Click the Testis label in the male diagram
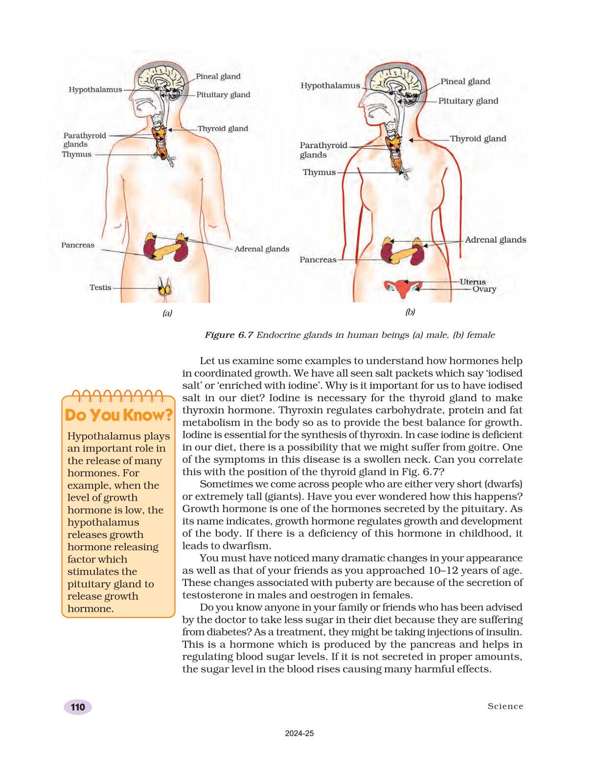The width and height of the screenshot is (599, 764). click(100, 288)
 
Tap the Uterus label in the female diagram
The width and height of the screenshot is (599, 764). click(473, 282)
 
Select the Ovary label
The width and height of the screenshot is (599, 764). click(484, 289)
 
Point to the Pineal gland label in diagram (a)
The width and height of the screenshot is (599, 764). click(218, 76)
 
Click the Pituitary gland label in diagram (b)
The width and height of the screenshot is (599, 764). click(468, 101)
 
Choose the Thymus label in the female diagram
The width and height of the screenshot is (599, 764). click(319, 172)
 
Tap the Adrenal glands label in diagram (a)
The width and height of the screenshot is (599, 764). click(262, 249)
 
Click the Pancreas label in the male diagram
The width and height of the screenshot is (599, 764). click(78, 245)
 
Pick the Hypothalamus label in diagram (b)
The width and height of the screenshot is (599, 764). click(330, 86)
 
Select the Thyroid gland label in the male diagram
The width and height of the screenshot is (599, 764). click(223, 129)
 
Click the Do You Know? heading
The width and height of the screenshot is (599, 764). click(118, 415)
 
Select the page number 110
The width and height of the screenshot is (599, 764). click(78, 707)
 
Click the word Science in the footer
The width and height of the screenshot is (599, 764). click(505, 706)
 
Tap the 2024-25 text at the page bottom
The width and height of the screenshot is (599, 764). click(299, 734)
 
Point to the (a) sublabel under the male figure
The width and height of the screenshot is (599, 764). click(167, 313)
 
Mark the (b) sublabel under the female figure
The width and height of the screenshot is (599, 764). click(410, 312)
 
